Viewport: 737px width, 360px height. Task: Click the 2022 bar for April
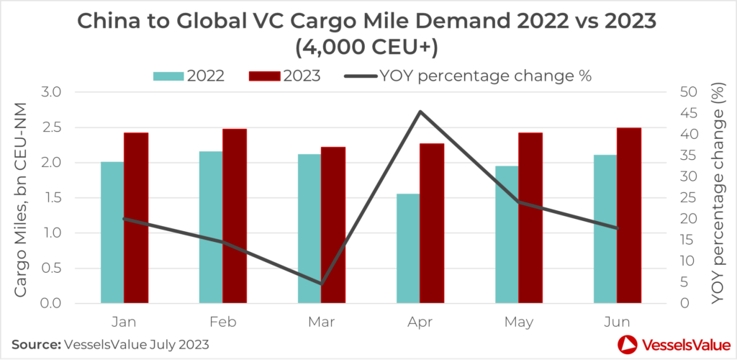408,248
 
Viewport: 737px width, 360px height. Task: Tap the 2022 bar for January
112,233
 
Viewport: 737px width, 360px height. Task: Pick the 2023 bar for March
333,225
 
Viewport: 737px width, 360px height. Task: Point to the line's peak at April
419,112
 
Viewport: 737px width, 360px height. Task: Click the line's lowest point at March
321,284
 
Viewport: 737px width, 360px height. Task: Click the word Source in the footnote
34,344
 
